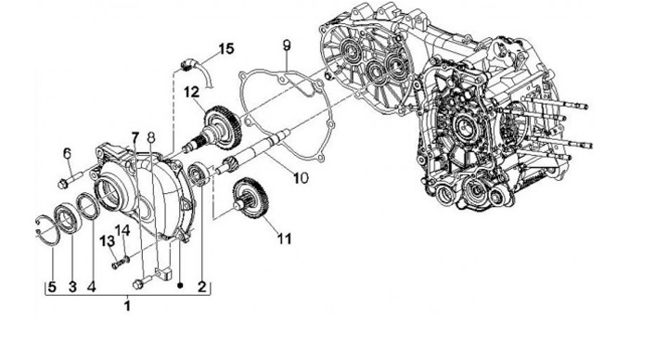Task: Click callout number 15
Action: pos(226,48)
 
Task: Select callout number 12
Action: pos(192,92)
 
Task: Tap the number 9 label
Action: pos(287,45)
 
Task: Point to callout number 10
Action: pos(301,177)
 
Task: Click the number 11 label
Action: pos(284,238)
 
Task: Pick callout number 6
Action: pos(68,153)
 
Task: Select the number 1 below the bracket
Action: pos(127,305)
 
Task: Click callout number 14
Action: pos(122,230)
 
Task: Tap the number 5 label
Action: pos(52,287)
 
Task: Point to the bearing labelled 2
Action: pos(199,174)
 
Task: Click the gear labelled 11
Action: pos(251,200)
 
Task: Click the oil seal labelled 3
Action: pos(68,218)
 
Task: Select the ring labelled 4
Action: pos(89,206)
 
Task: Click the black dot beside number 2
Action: pos(180,285)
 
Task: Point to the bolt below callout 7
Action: pos(142,282)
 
